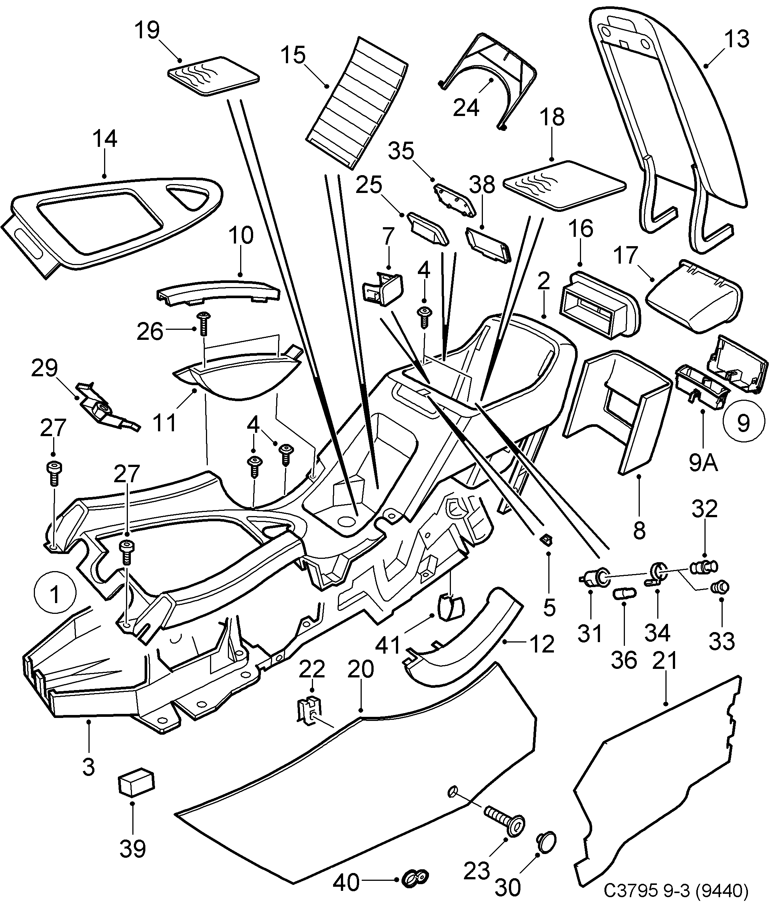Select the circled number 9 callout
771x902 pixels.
[x=743, y=422]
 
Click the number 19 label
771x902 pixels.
[x=147, y=30]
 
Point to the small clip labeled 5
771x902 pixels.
[x=545, y=540]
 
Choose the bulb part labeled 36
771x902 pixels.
[x=624, y=593]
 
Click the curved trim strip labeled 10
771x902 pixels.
[x=217, y=290]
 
